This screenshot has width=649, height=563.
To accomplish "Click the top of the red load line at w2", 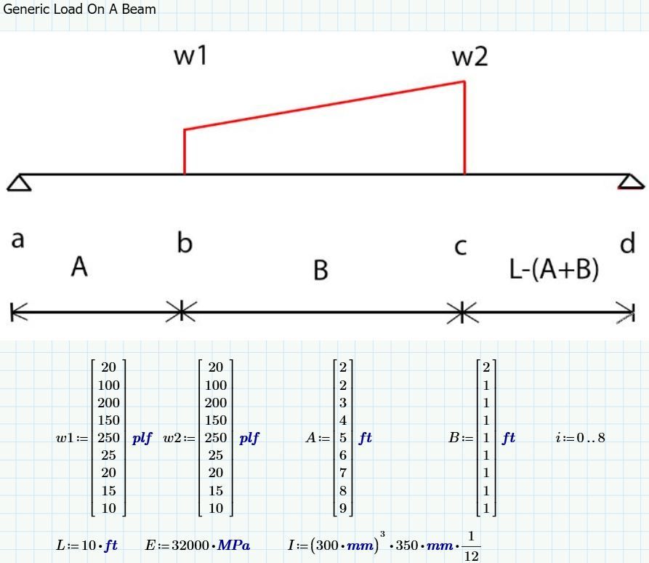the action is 465,81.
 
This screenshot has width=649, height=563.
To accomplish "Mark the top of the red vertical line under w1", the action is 185,129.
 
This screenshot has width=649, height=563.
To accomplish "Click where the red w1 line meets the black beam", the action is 185,174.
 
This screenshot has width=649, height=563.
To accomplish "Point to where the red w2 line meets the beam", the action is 465,174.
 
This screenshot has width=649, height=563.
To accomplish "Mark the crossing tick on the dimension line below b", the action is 181,312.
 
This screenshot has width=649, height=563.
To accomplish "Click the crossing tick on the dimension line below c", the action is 462,312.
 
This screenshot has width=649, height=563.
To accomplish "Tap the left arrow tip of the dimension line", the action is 12,312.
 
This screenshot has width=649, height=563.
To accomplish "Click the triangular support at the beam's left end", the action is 19,183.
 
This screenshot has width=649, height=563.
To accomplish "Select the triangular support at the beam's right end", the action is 630,182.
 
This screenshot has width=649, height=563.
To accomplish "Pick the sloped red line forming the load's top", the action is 324,105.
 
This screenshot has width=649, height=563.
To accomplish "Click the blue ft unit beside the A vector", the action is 366,438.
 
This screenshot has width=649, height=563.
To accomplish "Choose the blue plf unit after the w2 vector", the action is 249,439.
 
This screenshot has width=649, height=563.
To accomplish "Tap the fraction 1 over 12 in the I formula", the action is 472,547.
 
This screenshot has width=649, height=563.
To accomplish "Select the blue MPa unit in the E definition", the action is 234,546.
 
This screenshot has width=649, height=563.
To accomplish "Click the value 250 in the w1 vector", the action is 108,438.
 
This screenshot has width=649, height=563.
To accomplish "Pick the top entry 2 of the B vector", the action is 486,367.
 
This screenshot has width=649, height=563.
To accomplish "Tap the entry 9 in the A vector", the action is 343,508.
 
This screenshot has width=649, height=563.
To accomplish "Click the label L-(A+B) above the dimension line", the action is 554,269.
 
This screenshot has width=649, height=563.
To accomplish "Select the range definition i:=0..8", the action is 580,438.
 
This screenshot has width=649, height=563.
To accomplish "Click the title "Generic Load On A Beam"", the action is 79,9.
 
